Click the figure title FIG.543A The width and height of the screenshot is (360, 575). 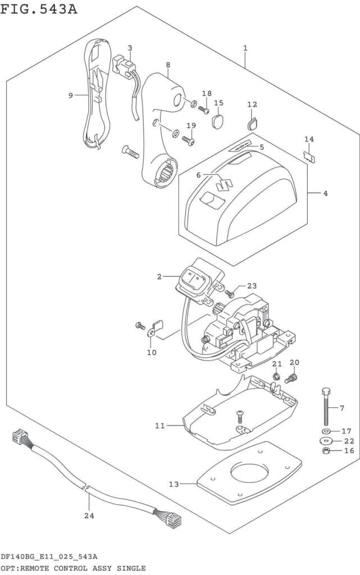(x=39, y=10)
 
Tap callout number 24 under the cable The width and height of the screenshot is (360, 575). (x=88, y=515)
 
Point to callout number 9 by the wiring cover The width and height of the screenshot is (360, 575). (x=71, y=95)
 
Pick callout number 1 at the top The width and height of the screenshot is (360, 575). (x=245, y=48)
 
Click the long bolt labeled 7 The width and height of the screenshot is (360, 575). (x=325, y=408)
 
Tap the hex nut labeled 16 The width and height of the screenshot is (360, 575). (x=326, y=451)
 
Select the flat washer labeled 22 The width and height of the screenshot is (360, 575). (x=326, y=441)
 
